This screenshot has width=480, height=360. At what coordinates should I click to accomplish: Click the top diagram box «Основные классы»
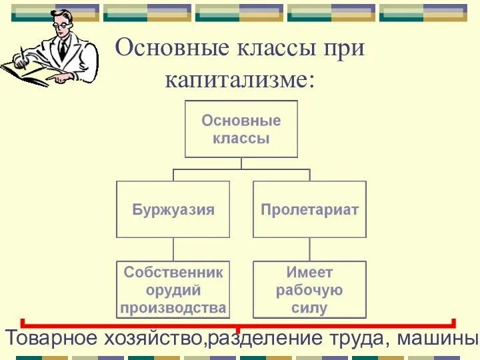241,129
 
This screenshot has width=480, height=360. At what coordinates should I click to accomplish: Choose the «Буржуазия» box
173,209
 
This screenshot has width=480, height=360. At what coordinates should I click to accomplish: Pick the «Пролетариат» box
309,209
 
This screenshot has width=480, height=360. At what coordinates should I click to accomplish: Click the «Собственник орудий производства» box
173,289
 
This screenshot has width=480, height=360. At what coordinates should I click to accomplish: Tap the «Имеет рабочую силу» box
309,289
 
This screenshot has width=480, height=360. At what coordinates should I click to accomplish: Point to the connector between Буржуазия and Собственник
173,249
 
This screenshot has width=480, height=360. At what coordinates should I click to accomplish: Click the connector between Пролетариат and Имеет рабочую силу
309,249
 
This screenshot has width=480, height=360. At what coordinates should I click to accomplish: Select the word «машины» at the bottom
437,338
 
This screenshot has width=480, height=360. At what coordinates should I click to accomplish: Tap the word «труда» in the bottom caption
357,338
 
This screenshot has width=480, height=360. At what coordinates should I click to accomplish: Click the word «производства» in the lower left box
173,308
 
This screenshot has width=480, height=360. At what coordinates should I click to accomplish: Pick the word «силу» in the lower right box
309,308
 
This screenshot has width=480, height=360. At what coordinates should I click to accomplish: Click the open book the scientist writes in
27,72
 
